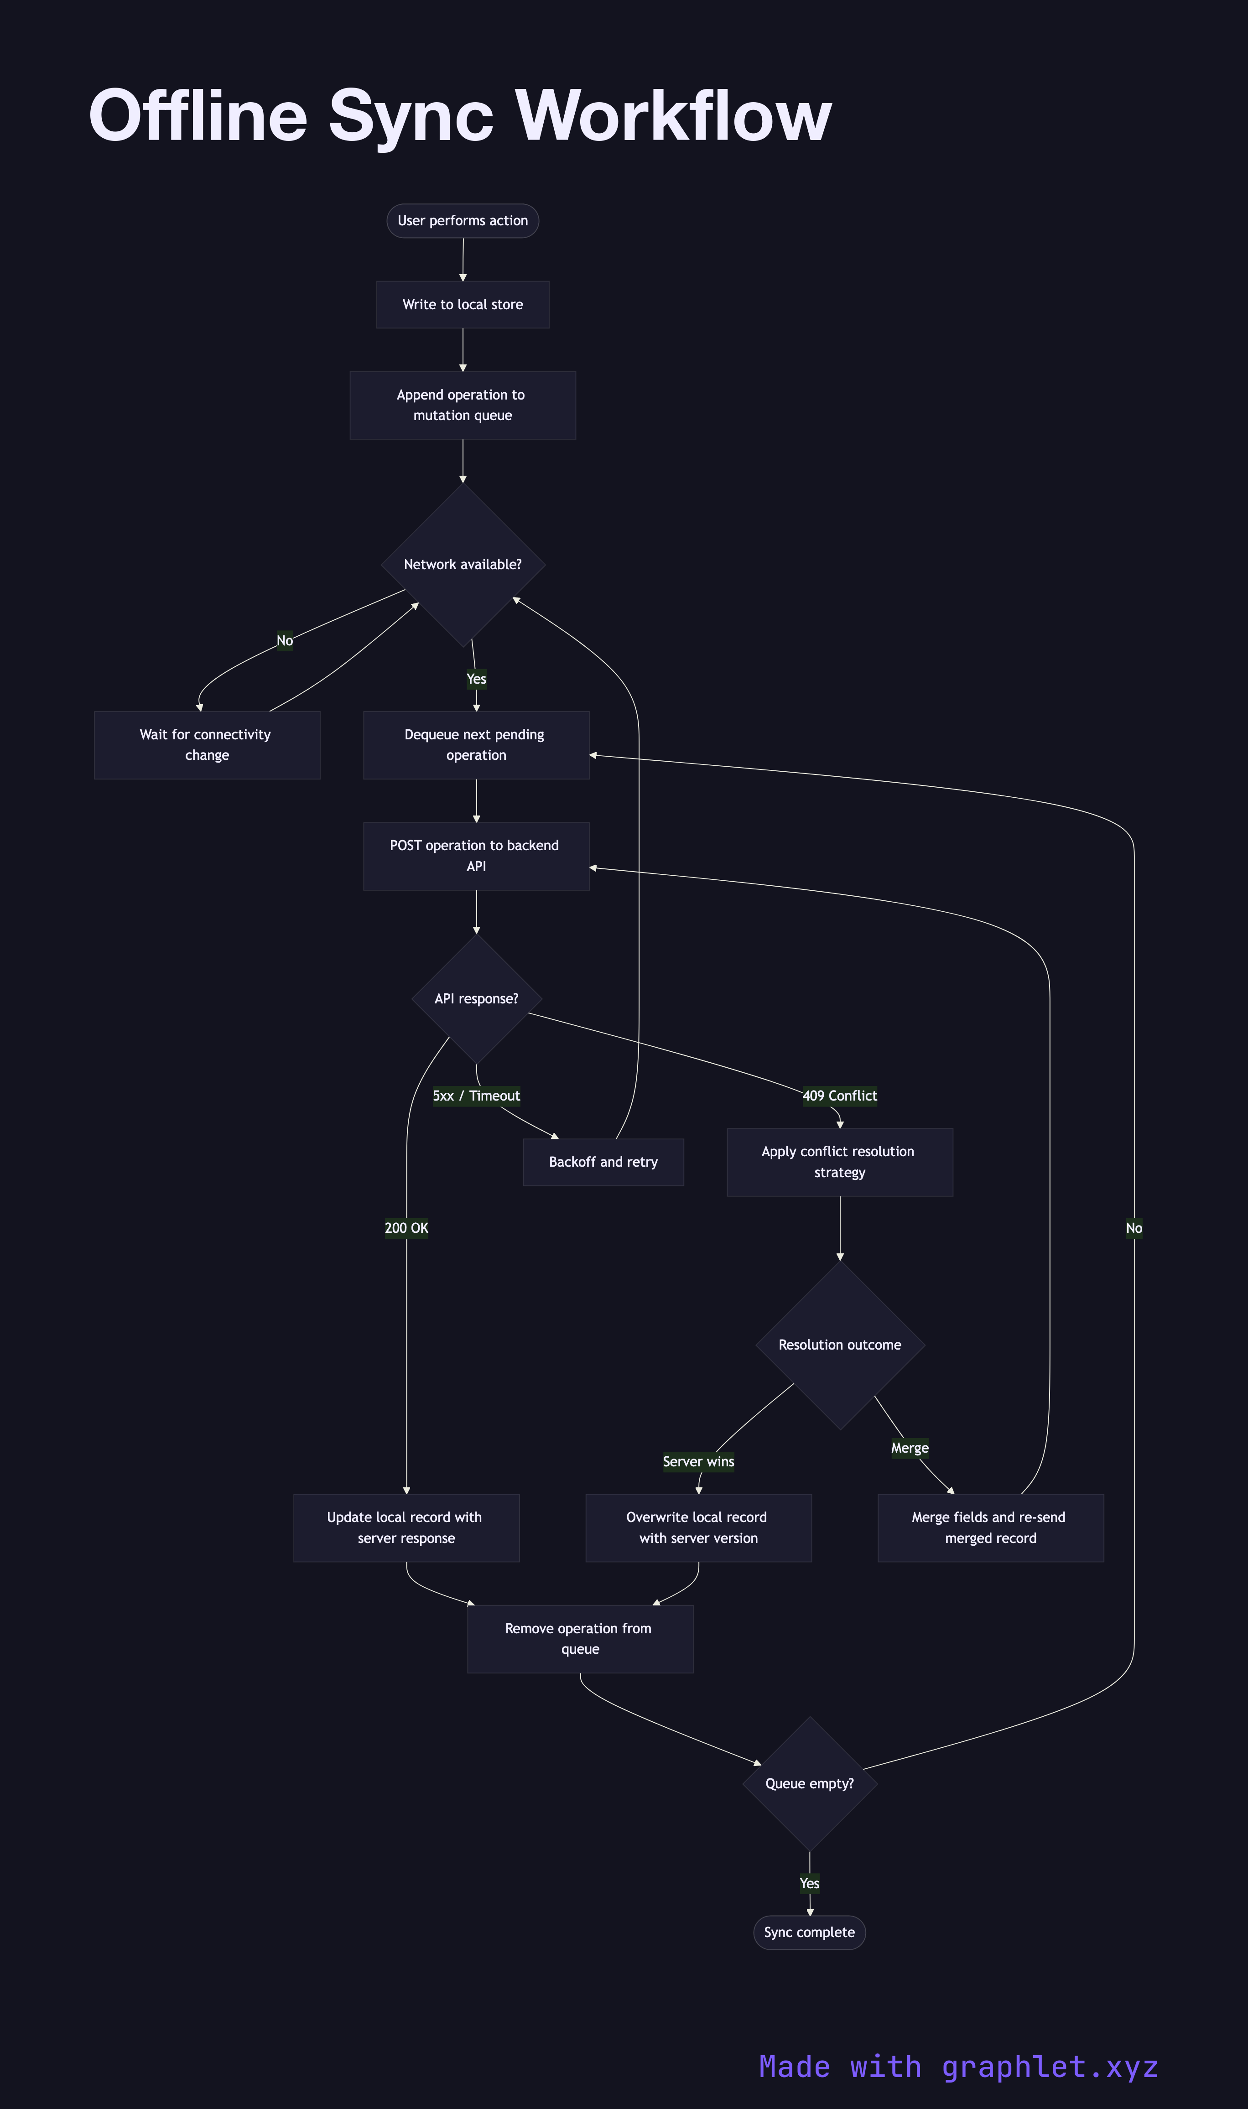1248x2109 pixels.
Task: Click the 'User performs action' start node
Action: click(x=463, y=220)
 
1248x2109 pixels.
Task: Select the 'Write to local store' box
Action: click(x=463, y=304)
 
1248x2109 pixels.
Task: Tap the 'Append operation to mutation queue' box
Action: click(x=463, y=405)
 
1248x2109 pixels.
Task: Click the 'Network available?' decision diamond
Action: click(x=463, y=564)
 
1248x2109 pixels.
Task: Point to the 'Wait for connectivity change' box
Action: click(x=207, y=745)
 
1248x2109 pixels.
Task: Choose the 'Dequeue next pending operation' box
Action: click(x=476, y=745)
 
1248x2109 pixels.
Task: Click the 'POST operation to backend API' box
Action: click(x=476, y=856)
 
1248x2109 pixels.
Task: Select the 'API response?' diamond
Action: click(x=476, y=999)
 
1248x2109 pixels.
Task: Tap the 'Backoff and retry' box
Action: click(x=603, y=1162)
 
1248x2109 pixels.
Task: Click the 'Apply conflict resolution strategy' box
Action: click(x=839, y=1162)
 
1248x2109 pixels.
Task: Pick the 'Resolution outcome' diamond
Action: click(x=839, y=1345)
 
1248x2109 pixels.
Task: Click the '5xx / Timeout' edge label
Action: click(x=476, y=1096)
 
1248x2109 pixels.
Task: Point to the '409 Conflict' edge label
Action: click(x=839, y=1096)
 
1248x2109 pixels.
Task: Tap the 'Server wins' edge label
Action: click(x=698, y=1461)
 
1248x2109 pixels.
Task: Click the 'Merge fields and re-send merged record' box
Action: click(x=990, y=1528)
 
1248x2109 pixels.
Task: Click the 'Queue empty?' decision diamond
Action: click(x=809, y=1783)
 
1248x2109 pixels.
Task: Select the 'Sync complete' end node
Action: click(x=809, y=1932)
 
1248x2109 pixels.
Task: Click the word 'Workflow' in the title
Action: click(x=673, y=115)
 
